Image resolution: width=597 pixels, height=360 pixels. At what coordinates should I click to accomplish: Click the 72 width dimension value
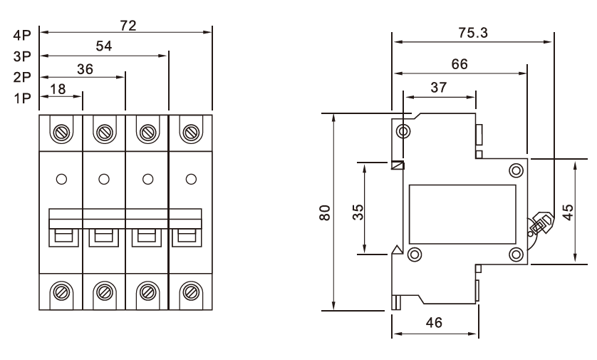click(128, 26)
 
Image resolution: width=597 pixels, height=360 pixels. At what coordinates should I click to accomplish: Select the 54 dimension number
click(103, 47)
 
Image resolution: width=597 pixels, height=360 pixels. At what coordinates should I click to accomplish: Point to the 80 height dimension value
click(325, 212)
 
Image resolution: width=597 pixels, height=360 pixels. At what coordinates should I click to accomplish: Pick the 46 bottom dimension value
click(434, 323)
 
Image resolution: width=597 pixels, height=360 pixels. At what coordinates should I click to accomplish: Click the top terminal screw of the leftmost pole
click(62, 132)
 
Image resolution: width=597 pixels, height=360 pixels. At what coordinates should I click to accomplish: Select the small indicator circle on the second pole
click(105, 178)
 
